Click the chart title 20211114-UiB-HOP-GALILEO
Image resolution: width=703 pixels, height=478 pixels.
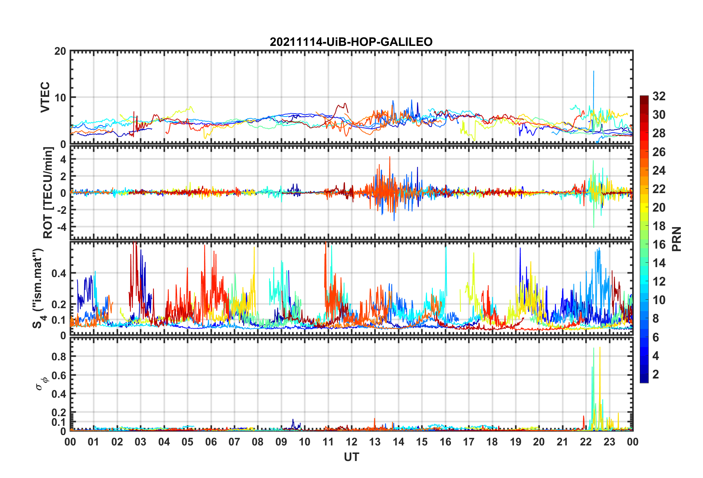click(x=351, y=42)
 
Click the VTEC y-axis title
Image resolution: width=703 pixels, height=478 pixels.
click(x=45, y=97)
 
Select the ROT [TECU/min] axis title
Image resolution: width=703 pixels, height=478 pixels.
click(x=48, y=193)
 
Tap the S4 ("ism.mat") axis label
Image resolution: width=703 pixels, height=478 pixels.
click(x=38, y=289)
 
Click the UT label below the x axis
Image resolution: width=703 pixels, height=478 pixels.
click(x=351, y=457)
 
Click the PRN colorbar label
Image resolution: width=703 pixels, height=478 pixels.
click(x=676, y=239)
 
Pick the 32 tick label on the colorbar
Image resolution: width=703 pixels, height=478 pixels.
click(x=659, y=96)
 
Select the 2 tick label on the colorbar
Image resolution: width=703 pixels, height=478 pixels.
click(x=656, y=374)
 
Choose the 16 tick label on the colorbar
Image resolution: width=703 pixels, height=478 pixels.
click(x=659, y=245)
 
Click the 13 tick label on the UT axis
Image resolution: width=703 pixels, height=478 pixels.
click(x=375, y=442)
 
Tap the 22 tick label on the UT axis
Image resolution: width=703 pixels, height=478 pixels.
click(x=586, y=442)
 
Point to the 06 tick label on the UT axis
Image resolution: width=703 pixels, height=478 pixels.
click(x=211, y=442)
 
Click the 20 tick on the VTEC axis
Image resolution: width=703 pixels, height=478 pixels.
click(x=60, y=51)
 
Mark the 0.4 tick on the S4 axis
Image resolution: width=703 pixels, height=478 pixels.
click(x=59, y=273)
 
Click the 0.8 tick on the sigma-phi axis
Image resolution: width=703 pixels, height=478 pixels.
click(x=59, y=357)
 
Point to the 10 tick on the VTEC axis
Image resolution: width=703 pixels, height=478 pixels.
click(x=60, y=98)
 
